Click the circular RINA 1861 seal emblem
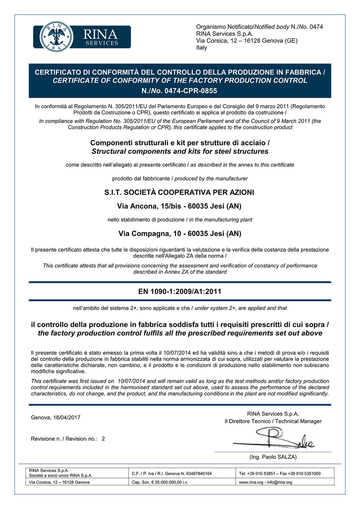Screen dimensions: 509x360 (x=57, y=37)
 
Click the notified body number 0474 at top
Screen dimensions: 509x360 (x=316, y=27)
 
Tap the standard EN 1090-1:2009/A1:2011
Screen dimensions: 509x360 (x=180, y=291)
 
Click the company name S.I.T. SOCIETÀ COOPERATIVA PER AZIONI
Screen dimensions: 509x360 (x=179, y=192)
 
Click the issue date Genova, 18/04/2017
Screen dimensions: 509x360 (x=56, y=418)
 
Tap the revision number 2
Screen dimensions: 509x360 (x=103, y=439)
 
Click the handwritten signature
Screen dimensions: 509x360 (x=278, y=439)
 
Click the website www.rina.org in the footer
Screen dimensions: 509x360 (x=251, y=482)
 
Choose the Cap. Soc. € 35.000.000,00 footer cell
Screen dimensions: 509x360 (x=160, y=482)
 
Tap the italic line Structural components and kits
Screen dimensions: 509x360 (x=180, y=152)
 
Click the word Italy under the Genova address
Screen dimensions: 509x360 (x=202, y=48)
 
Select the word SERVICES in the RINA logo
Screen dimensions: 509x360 (x=102, y=43)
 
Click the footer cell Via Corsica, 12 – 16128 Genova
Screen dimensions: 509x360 (x=59, y=482)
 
